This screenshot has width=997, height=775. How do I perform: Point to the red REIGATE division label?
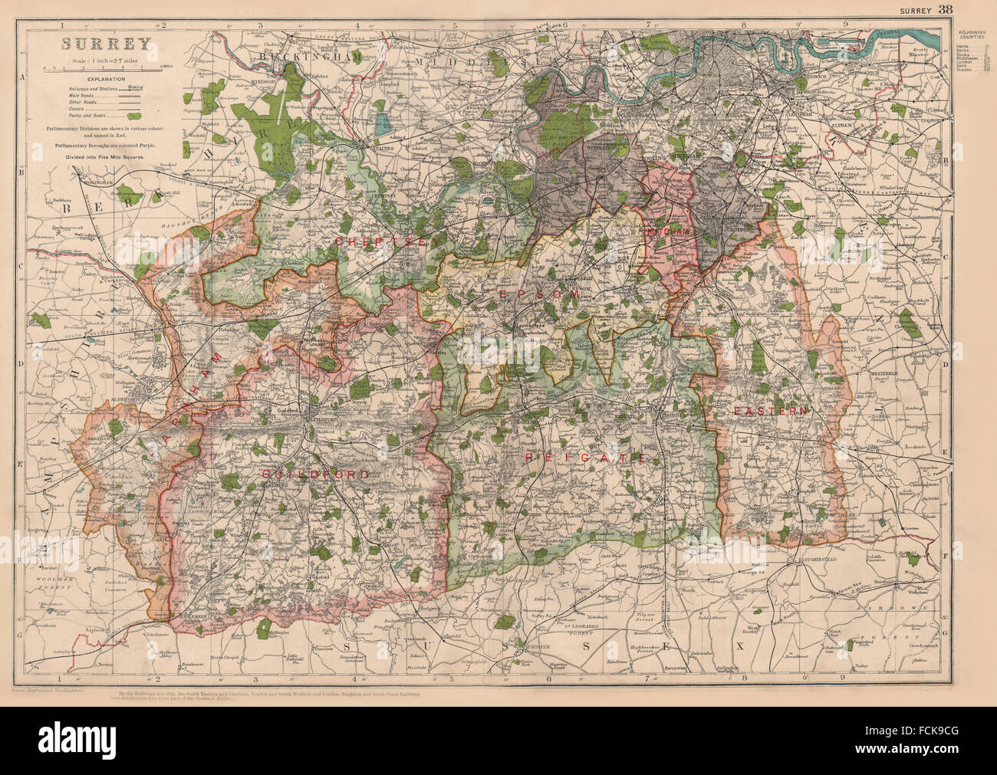click(584, 457)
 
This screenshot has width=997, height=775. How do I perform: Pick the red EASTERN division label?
click(770, 411)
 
